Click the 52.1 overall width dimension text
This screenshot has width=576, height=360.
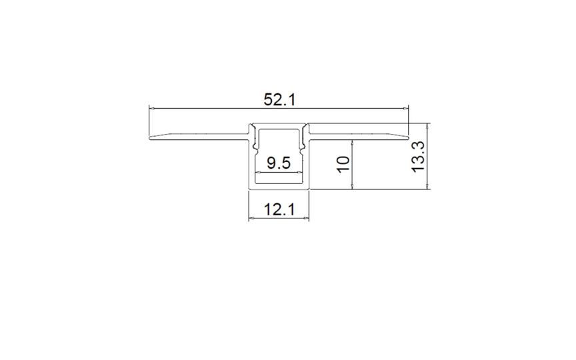279,99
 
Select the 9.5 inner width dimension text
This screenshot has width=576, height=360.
279,163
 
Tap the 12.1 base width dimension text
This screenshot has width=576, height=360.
279,210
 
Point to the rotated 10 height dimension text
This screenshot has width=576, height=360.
343,164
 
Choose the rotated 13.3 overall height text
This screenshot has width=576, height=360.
418,157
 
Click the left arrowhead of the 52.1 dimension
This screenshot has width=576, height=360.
151,109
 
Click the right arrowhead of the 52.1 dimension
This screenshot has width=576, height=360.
406,109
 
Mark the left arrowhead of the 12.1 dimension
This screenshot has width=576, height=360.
251,219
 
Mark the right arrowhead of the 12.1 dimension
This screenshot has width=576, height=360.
307,219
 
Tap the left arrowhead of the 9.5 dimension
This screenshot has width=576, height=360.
258,171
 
